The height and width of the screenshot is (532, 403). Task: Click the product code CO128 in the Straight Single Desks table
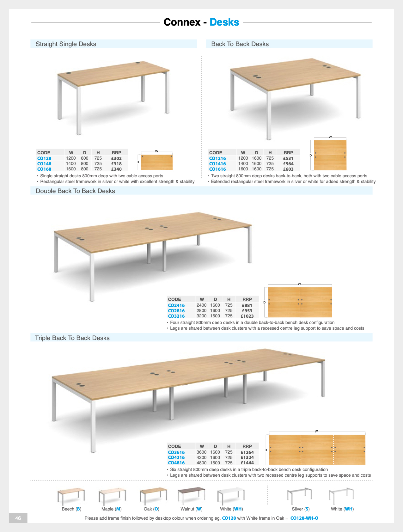coord(44,158)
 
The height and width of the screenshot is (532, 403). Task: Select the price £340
coord(116,169)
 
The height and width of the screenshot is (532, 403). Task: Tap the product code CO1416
coord(217,164)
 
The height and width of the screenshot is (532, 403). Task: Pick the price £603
coord(288,169)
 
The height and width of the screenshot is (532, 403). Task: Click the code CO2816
coord(176,311)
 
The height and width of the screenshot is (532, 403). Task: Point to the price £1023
coord(247,316)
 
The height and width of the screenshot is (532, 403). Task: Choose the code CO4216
coord(176,457)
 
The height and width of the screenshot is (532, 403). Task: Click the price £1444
coord(247,463)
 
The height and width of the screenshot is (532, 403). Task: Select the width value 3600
coord(202,452)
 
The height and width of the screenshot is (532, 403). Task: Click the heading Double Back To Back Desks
coord(75,191)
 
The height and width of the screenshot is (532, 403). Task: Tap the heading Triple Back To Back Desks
coord(72,338)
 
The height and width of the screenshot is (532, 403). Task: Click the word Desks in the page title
coord(224,22)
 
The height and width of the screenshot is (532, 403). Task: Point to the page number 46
coord(18,518)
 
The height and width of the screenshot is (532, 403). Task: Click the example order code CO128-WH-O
coord(304,518)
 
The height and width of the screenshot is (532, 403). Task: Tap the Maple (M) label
coord(112,509)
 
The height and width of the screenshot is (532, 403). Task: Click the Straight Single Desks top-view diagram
coord(157,162)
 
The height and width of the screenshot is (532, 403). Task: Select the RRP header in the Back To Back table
coord(288,153)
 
